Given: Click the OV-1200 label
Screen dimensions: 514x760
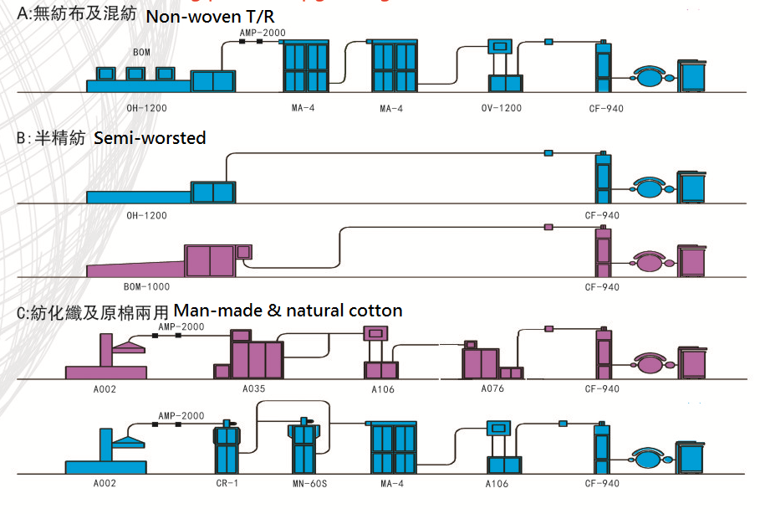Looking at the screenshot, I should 501,108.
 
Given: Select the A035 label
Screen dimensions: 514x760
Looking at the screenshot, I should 254,389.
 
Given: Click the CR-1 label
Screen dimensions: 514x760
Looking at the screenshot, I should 227,484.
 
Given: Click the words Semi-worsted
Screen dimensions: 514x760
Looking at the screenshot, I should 150,138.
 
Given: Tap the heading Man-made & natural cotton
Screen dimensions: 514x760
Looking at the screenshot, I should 288,311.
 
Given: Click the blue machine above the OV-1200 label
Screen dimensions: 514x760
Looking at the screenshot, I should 504,65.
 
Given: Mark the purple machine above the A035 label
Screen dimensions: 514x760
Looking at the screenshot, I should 254,357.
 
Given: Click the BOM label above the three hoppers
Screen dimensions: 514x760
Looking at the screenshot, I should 141,53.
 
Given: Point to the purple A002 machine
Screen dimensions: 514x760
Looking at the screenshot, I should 107,360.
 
